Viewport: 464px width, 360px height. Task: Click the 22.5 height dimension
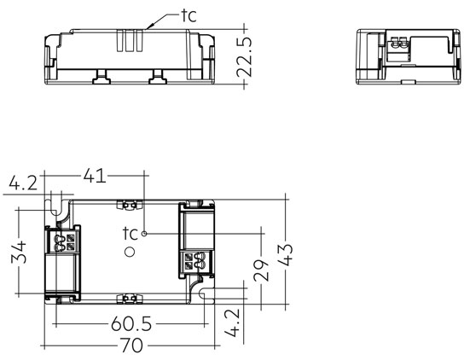[245, 56]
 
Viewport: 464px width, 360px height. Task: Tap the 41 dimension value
[95, 176]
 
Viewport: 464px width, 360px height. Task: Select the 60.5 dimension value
[131, 323]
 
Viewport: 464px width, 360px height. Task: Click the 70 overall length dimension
[132, 345]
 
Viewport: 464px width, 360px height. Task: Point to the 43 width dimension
[286, 254]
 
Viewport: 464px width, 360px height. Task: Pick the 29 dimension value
[261, 270]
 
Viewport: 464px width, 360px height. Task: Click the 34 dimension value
[19, 252]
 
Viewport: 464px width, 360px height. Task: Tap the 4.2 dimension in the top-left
[23, 183]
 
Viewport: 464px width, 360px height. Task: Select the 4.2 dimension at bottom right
[232, 322]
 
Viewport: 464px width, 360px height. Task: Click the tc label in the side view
[189, 15]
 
